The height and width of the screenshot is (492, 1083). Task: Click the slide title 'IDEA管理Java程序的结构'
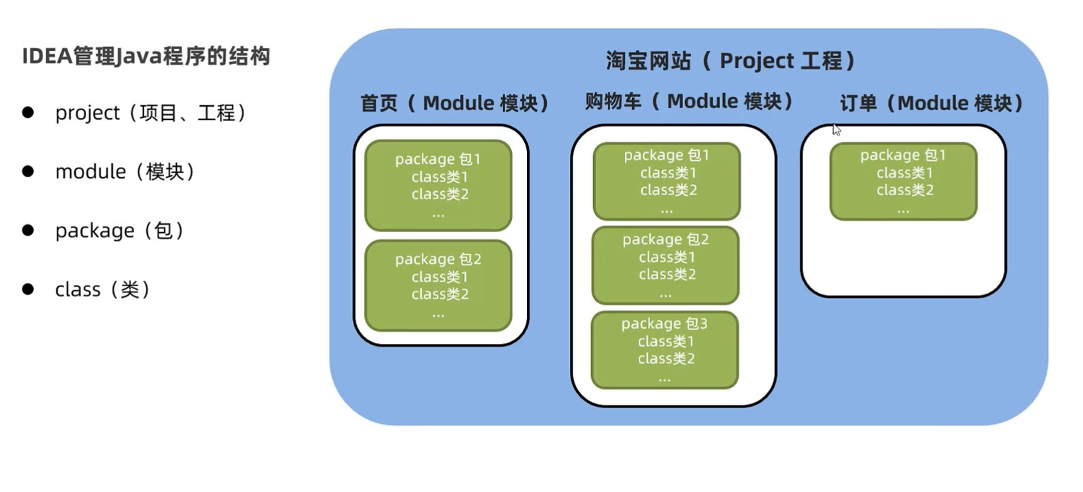(x=146, y=56)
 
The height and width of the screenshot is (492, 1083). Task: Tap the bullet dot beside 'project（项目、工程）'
(x=28, y=112)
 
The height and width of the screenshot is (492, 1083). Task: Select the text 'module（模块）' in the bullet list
(x=124, y=172)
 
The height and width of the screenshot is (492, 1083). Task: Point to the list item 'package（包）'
(x=119, y=231)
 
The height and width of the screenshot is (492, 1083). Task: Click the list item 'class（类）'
(x=103, y=290)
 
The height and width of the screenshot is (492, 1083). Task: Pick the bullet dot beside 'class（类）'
(x=28, y=289)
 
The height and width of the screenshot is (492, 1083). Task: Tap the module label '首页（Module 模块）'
(x=454, y=103)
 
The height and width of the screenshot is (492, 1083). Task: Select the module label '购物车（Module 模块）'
(x=688, y=101)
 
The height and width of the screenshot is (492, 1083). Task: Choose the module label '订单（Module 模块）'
(x=931, y=103)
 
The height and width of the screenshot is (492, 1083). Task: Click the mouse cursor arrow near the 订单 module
(x=836, y=129)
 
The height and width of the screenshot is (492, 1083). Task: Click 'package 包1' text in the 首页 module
(x=438, y=159)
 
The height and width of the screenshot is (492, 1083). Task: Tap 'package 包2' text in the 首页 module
(x=438, y=259)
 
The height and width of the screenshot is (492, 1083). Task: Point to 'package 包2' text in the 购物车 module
(x=665, y=239)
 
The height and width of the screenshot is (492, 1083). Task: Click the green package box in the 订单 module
(x=903, y=182)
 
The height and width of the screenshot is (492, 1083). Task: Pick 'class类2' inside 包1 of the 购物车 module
(x=668, y=190)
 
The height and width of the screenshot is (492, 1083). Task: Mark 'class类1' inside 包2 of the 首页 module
(x=440, y=277)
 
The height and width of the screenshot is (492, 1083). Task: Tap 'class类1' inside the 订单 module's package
(x=904, y=173)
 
